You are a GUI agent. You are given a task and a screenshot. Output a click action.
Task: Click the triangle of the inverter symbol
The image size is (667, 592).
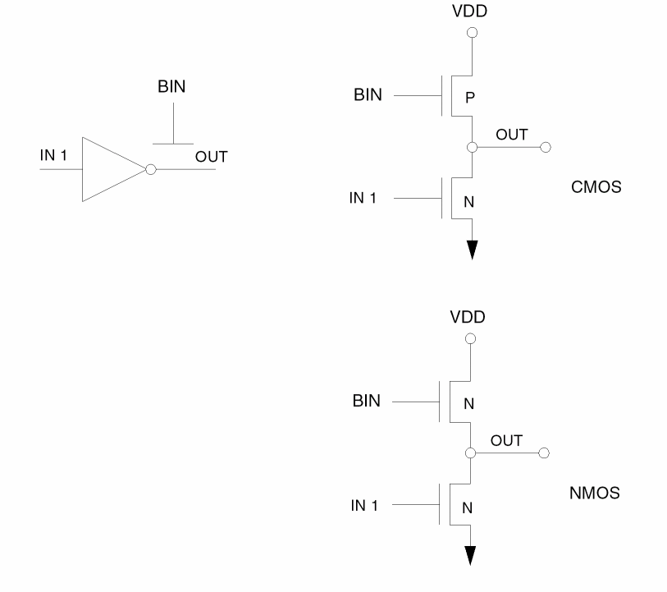click(111, 170)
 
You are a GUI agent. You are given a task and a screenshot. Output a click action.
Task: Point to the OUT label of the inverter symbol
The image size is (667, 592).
click(211, 156)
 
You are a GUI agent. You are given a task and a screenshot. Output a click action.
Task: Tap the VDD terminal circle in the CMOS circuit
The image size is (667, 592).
click(471, 34)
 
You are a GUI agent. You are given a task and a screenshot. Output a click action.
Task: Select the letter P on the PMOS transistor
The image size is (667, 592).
click(469, 98)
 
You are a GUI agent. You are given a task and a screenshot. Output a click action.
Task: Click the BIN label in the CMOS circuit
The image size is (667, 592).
click(368, 96)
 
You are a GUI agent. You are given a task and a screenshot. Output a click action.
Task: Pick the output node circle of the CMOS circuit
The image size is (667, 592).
click(471, 148)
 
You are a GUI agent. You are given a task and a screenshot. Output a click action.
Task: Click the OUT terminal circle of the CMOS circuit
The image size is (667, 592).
click(543, 148)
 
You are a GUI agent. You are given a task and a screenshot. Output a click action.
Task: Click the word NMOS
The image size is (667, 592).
click(593, 495)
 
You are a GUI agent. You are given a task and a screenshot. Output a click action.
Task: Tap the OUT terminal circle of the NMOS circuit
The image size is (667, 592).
click(543, 452)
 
